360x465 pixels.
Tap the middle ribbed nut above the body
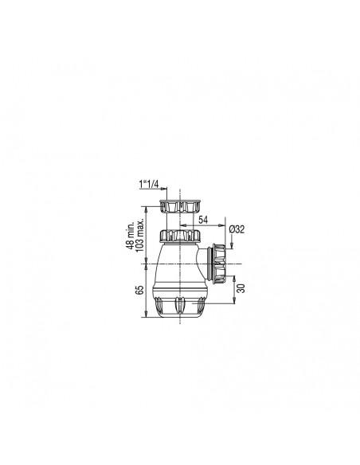tap(178, 236)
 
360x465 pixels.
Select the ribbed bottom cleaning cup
tap(178, 306)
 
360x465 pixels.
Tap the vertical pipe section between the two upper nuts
tap(178, 222)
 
